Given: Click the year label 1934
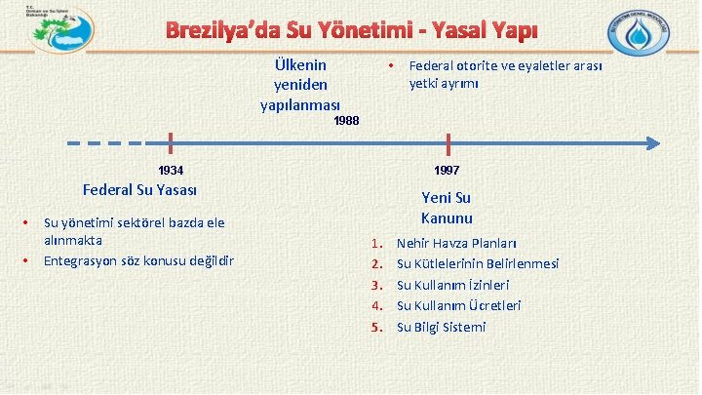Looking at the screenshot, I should pos(172,170).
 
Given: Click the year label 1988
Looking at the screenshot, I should pos(346,121).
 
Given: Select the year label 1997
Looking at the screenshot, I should pos(447,170).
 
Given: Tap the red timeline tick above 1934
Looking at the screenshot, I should pos(171,143).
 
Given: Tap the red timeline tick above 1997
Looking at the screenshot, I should pos(448,143).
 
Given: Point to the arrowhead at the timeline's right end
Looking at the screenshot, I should pos(654,143).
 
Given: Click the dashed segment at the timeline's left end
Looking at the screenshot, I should pos(107,143).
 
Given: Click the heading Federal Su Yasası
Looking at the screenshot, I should pos(140,189).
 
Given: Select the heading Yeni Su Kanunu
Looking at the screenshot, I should pos(447,208).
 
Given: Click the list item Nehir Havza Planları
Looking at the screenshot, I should pos(456,243).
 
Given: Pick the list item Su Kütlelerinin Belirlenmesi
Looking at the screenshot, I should pos(477,263).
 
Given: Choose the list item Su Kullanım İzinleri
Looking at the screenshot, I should pos(452,285).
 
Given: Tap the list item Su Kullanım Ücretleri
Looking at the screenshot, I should pos(458,305).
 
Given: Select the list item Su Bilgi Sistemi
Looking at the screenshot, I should pos(441,327).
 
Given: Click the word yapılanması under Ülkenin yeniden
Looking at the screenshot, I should pos(299,104).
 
